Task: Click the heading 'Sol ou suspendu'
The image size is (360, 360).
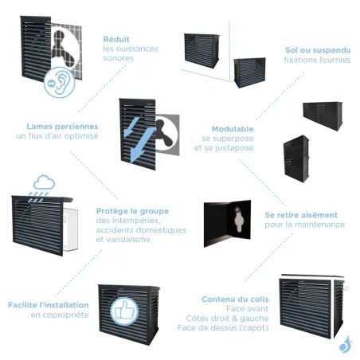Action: [317, 50]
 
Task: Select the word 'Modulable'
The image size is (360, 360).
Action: [233, 128]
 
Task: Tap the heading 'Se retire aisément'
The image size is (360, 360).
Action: [301, 215]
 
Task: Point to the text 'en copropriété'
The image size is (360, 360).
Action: [60, 315]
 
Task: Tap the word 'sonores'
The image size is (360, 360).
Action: [119, 59]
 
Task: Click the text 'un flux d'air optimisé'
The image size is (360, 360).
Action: [57, 136]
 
